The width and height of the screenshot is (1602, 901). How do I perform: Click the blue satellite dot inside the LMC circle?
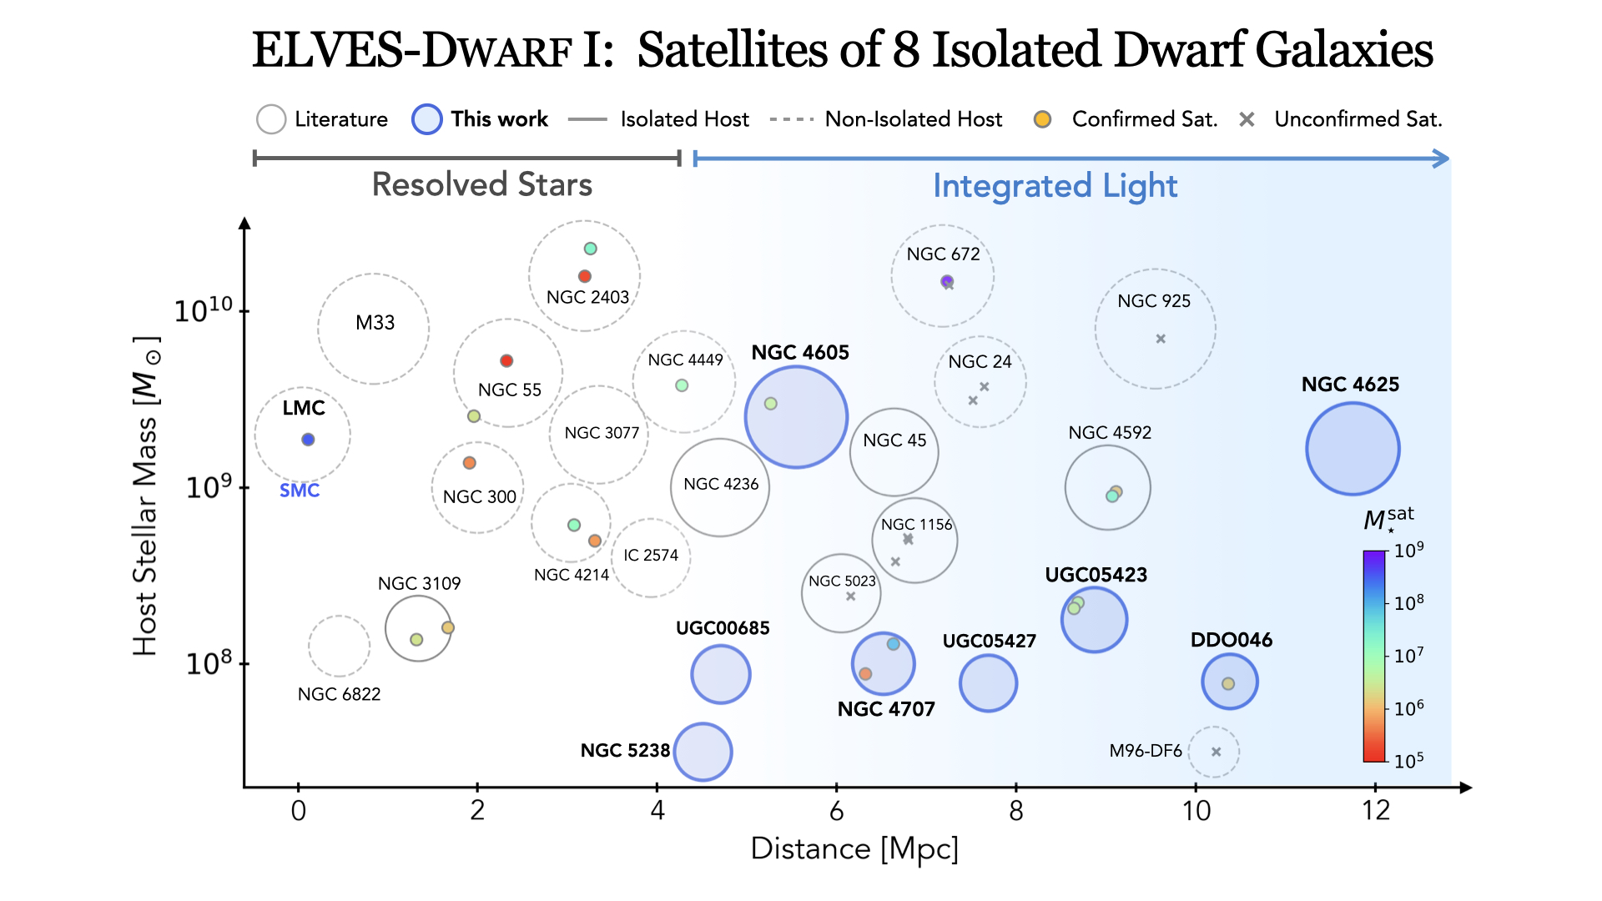tap(308, 440)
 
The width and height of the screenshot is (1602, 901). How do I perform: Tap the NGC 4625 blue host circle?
tap(1352, 449)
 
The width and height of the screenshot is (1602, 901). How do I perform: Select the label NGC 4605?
tap(799, 353)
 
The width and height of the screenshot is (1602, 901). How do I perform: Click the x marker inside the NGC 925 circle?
tap(1161, 339)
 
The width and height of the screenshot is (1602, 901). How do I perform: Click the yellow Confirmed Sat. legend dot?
tap(1042, 119)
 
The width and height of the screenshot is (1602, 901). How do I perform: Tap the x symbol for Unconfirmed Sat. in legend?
tap(1247, 119)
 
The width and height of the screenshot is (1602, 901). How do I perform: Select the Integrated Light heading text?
tap(1055, 186)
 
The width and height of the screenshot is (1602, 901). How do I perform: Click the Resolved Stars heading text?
tap(481, 184)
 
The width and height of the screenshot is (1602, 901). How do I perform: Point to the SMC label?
tap(300, 491)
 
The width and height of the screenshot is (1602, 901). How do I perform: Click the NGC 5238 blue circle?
tap(703, 752)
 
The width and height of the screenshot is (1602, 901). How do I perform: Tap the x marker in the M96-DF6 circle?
tap(1216, 752)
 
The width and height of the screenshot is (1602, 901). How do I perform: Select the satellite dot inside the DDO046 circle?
tap(1228, 684)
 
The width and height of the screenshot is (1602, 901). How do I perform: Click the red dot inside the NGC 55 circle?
tap(506, 361)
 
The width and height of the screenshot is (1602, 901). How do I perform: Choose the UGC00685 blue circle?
tap(720, 674)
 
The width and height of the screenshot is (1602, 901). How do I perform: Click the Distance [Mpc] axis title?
tap(854, 848)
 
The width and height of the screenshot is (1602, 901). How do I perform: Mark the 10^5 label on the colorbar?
tap(1408, 760)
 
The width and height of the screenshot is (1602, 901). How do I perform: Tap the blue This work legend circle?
tap(426, 119)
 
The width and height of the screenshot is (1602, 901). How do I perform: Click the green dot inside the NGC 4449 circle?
tap(682, 385)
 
